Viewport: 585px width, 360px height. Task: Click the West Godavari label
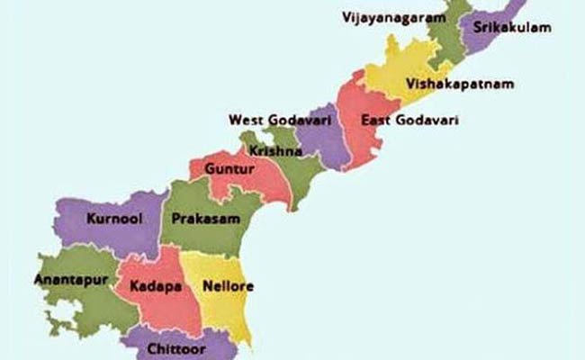(269, 120)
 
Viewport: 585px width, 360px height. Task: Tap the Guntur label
(223, 168)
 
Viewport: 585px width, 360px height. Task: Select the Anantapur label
(71, 280)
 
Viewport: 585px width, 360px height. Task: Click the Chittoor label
(179, 347)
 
